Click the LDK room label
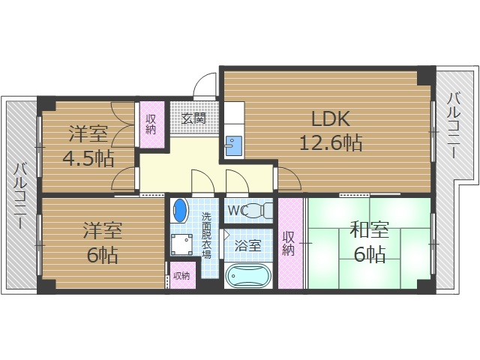331,118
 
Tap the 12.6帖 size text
331,142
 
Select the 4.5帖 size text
88,158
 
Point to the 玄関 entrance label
193,118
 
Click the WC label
238,209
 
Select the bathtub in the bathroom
249,277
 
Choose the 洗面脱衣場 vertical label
207,235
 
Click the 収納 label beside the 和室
289,243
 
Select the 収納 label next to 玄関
151,124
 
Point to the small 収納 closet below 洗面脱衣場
181,276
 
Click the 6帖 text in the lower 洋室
103,255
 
